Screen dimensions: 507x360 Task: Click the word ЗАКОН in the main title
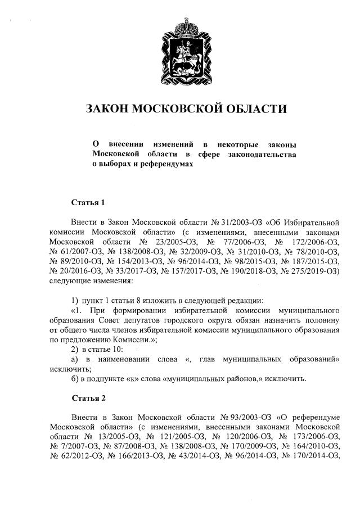[106, 109]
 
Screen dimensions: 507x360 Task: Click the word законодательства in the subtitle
[261, 154]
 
